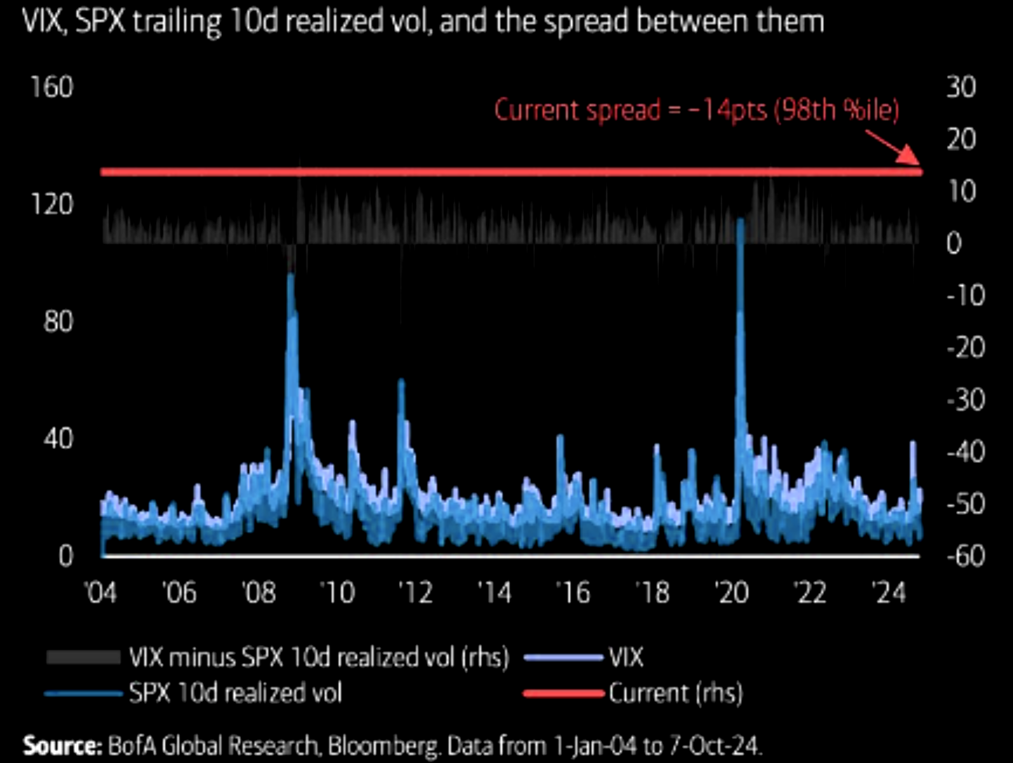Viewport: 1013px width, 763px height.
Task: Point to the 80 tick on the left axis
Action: (58, 321)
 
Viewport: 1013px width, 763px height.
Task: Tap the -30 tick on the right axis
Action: (965, 400)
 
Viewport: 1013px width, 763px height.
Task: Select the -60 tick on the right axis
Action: (965, 556)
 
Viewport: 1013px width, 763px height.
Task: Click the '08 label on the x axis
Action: (259, 593)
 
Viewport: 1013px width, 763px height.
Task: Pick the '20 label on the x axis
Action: (731, 593)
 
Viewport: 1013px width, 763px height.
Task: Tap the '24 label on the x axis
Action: (889, 593)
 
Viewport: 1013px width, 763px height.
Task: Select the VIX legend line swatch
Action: (564, 658)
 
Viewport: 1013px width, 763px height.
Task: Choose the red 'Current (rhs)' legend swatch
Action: (564, 693)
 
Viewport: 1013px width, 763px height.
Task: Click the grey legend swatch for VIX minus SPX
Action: (83, 658)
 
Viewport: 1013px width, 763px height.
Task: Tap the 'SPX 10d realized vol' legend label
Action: (235, 693)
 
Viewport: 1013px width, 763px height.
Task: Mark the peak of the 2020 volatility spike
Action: (740, 221)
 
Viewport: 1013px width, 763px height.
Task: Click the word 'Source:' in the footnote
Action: (63, 745)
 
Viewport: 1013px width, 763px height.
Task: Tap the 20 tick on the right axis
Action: (961, 139)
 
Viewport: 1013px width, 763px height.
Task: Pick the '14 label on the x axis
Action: (495, 593)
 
